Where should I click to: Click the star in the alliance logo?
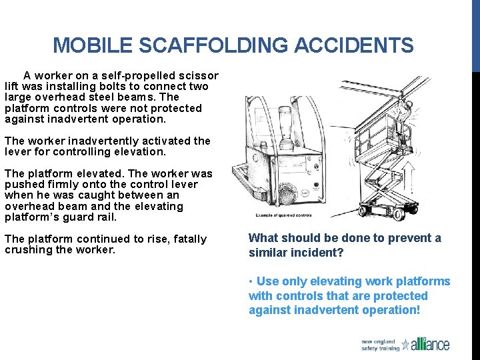click(406, 345)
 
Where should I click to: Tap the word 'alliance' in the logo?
click(431, 345)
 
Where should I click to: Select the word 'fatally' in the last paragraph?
click(188, 239)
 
